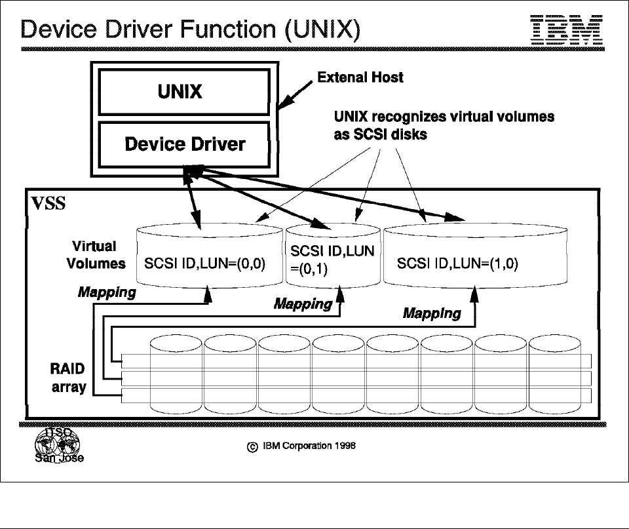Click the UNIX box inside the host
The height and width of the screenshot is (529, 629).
click(180, 92)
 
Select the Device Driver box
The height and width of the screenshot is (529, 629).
click(185, 144)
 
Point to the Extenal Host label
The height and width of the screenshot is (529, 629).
click(360, 77)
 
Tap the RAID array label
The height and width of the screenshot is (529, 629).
click(69, 378)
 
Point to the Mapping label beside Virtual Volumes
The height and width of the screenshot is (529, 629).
click(107, 292)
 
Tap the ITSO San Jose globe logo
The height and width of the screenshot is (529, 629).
click(58, 444)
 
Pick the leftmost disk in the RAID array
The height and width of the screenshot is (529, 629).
click(177, 375)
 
